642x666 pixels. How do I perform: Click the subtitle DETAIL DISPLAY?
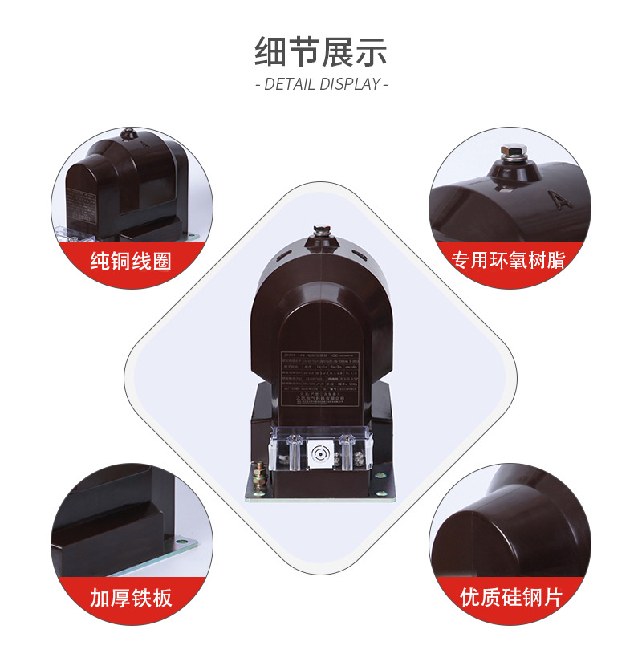(x=321, y=83)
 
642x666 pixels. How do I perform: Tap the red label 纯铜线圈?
(x=131, y=262)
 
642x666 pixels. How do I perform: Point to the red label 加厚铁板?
(x=131, y=598)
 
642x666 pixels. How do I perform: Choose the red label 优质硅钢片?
(x=511, y=598)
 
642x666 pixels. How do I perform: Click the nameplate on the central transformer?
(x=320, y=377)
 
